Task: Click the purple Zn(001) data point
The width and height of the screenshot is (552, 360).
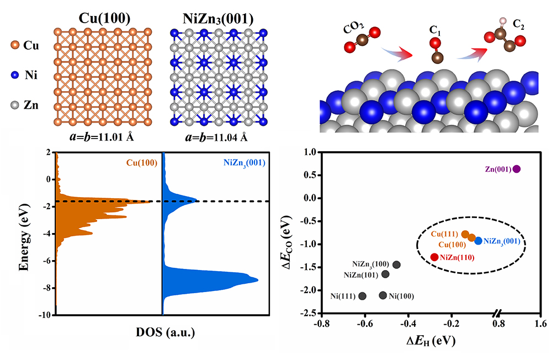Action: (x=517, y=169)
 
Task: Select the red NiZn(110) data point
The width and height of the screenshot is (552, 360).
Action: (x=434, y=257)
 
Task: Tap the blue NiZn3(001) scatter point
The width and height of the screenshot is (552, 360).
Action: (x=478, y=241)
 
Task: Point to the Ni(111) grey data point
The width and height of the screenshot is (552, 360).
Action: (x=363, y=296)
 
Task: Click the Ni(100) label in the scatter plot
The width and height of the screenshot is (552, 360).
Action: (x=401, y=296)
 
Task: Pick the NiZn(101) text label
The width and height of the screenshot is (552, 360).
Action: (x=362, y=274)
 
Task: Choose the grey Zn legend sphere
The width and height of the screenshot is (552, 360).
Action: (x=14, y=105)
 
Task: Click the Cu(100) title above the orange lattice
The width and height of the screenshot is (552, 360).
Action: (x=102, y=18)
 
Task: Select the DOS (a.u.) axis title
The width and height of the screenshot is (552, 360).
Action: (x=163, y=333)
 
